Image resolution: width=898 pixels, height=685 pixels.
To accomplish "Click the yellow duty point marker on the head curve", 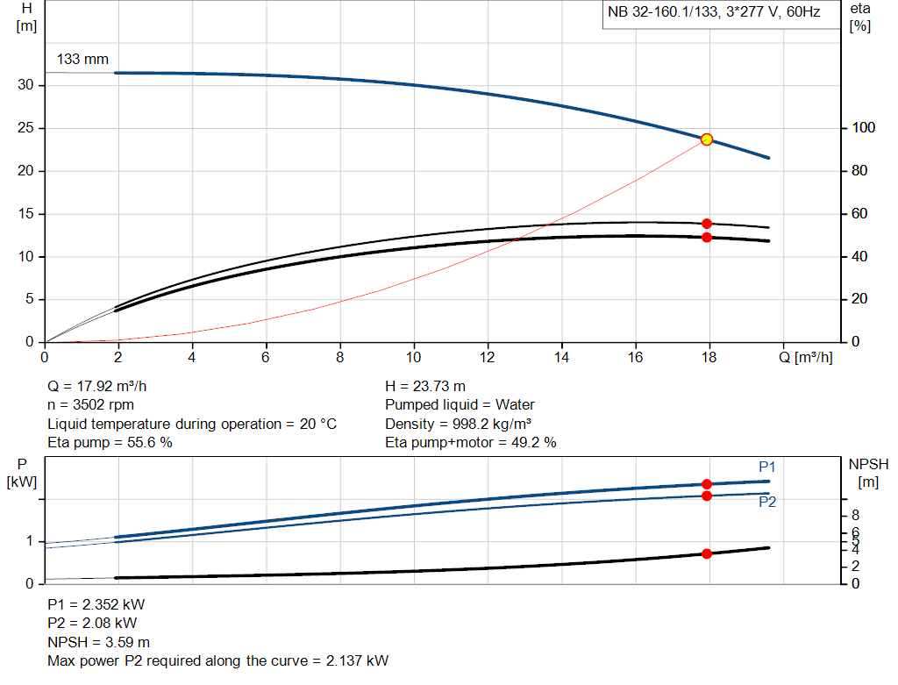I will pyautogui.click(x=706, y=139).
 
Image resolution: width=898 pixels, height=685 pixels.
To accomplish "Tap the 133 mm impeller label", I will pyautogui.click(x=83, y=60).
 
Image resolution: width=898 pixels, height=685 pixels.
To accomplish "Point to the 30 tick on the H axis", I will pyautogui.click(x=25, y=85).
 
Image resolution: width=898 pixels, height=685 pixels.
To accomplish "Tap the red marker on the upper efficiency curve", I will pyautogui.click(x=706, y=224).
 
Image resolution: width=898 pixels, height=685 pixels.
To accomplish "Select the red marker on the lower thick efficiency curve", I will pyautogui.click(x=706, y=237).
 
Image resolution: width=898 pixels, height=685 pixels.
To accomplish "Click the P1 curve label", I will pyautogui.click(x=767, y=467).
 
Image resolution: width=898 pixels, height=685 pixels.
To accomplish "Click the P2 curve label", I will pyautogui.click(x=767, y=502).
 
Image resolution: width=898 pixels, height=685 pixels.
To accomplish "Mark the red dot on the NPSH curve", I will pyautogui.click(x=706, y=553).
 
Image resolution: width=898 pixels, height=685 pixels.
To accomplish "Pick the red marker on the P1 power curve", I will pyautogui.click(x=706, y=484).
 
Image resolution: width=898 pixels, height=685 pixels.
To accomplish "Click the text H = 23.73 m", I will pyautogui.click(x=425, y=386).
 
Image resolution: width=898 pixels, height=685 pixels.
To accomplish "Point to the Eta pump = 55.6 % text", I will pyautogui.click(x=110, y=443).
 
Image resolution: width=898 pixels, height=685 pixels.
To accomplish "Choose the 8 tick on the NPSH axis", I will pyautogui.click(x=855, y=515).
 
